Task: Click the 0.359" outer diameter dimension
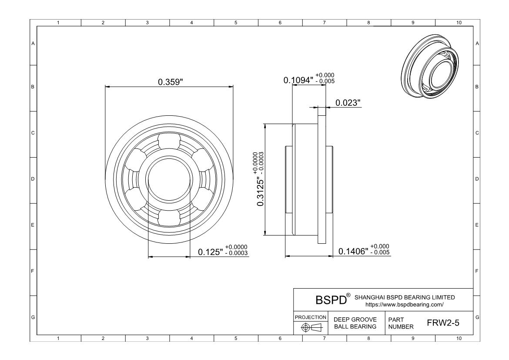tap(171, 82)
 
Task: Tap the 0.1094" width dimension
tap(298, 80)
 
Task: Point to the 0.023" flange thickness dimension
tap(348, 103)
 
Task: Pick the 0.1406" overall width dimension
tap(353, 251)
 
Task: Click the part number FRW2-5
tap(443, 323)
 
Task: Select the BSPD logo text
tap(331, 300)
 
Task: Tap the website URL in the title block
tap(405, 305)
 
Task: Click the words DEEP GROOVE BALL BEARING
tap(355, 323)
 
